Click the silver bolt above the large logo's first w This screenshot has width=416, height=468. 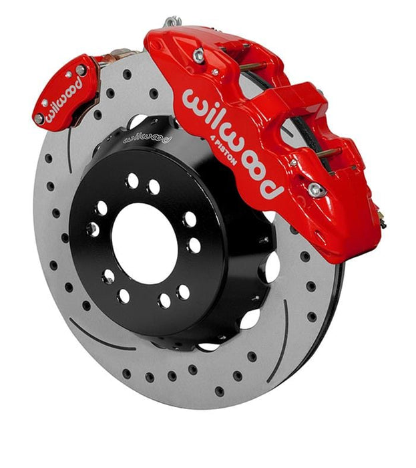199,57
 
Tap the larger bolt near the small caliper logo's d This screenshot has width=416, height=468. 81,70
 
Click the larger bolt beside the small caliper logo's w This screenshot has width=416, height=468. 39,118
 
